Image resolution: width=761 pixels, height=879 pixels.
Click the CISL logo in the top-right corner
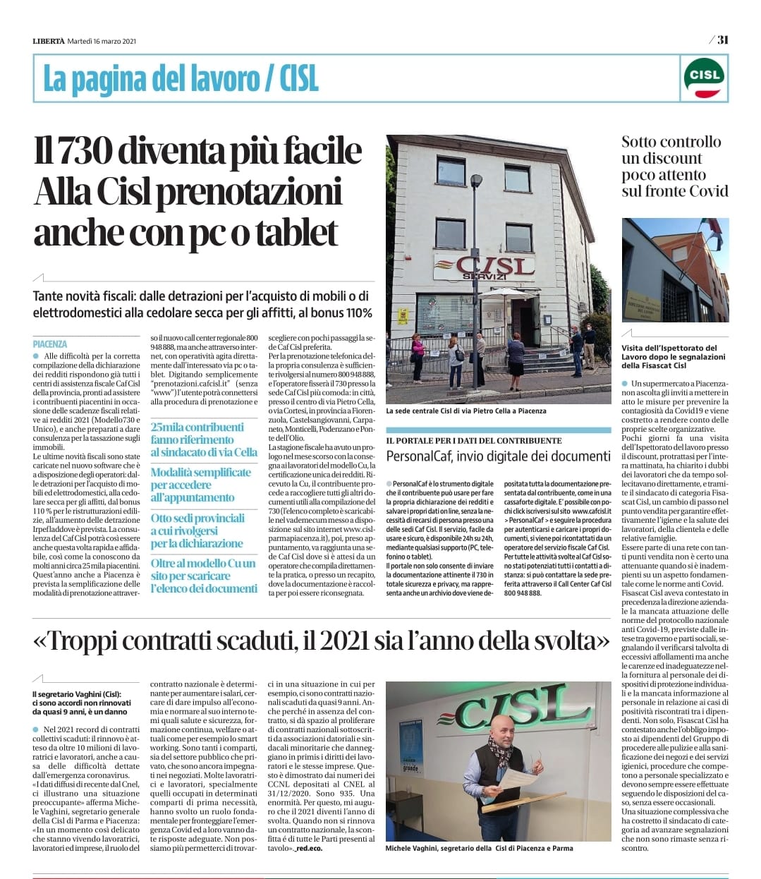[x=704, y=78]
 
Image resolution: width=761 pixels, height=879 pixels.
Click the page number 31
[x=722, y=40]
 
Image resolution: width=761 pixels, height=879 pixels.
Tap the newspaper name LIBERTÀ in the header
[x=48, y=41]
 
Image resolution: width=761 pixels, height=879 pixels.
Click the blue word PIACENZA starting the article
[x=50, y=344]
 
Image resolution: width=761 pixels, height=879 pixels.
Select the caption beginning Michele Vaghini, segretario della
[x=479, y=848]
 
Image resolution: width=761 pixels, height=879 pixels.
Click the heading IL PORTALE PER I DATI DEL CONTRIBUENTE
[x=474, y=440]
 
